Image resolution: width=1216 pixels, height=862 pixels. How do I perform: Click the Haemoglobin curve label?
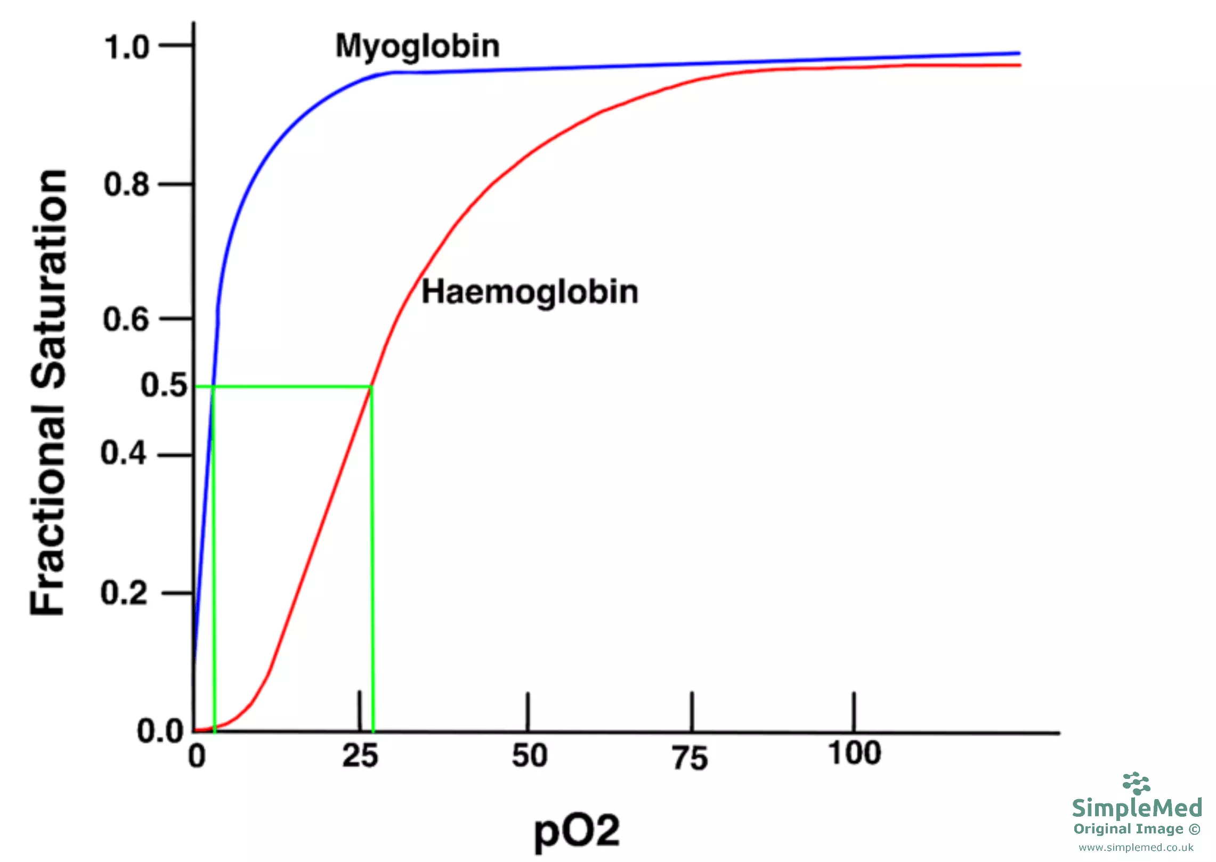[530, 293]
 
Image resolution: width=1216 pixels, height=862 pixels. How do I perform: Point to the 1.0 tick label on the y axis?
[127, 47]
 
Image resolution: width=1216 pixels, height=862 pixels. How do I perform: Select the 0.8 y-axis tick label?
[126, 185]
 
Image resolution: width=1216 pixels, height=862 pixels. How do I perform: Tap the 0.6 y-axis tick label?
[126, 320]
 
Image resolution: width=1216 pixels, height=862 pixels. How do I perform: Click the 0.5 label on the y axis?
[164, 385]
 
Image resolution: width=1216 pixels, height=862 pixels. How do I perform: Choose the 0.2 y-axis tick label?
[124, 592]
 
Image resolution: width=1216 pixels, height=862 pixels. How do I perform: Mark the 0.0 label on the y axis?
[160, 731]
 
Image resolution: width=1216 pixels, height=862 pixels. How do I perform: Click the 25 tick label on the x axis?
[360, 756]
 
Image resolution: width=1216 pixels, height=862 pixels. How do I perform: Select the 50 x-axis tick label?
[530, 756]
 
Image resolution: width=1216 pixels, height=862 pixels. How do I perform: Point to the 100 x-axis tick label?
[855, 753]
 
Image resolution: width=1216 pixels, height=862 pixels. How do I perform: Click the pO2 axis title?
[577, 831]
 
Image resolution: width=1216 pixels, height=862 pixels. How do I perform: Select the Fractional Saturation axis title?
[49, 393]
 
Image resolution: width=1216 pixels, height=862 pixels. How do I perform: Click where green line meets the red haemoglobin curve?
[371, 386]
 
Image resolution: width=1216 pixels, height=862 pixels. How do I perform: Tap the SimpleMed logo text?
[1137, 808]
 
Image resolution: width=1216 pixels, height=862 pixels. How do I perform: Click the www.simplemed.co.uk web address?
[1136, 847]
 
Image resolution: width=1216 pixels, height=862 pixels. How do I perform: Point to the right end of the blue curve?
[1018, 53]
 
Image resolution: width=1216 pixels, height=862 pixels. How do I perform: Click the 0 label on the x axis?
[197, 756]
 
